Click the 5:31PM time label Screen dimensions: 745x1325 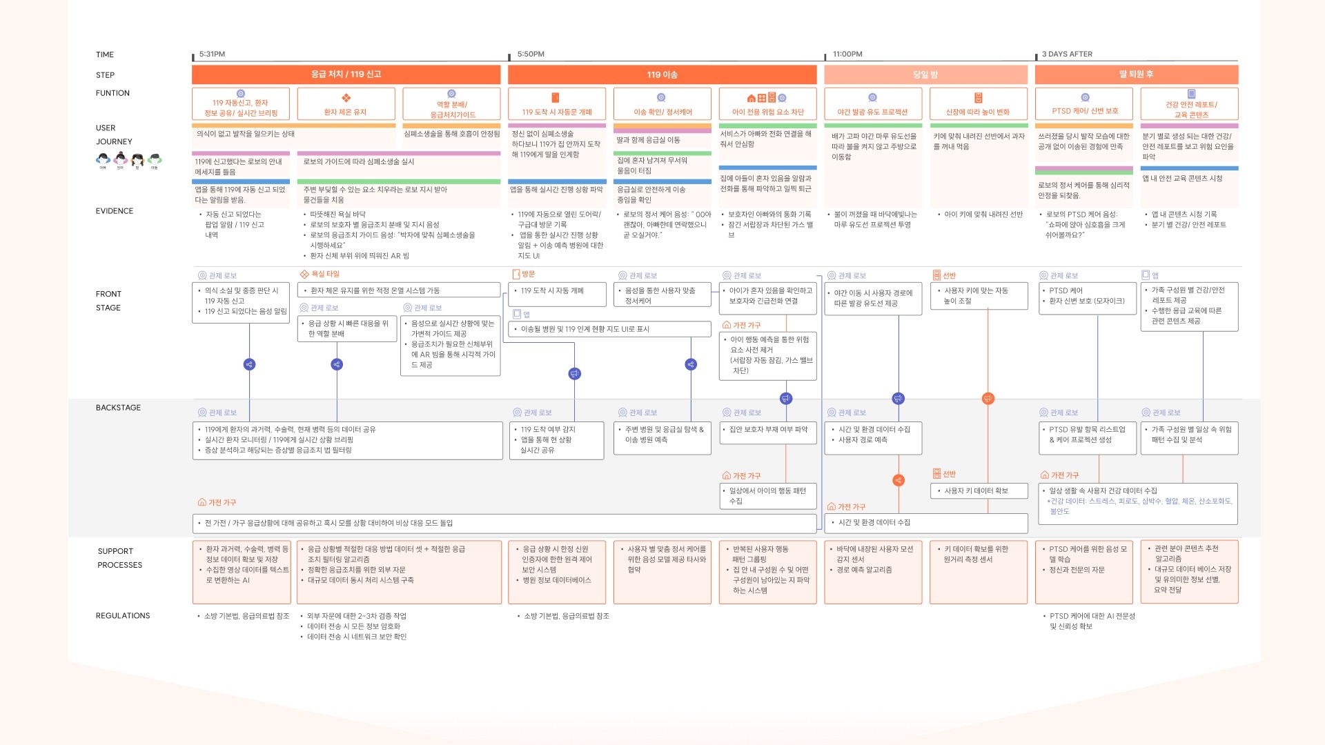pyautogui.click(x=212, y=54)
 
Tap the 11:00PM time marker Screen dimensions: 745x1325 pyautogui.click(x=847, y=54)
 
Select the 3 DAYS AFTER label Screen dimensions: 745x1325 pyautogui.click(x=1067, y=54)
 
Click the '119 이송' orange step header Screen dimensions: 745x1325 pyautogui.click(x=662, y=74)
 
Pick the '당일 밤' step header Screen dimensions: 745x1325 pyautogui.click(x=925, y=74)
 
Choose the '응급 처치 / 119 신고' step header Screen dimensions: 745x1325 pyautogui.click(x=346, y=74)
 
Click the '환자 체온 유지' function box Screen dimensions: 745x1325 pyautogui.click(x=346, y=104)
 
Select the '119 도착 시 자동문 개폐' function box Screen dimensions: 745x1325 pyautogui.click(x=557, y=104)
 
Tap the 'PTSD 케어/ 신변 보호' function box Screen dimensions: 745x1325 pyautogui.click(x=1084, y=104)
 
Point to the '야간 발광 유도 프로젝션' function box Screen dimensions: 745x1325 pyautogui.click(x=873, y=104)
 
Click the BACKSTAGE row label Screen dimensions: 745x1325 pyautogui.click(x=118, y=408)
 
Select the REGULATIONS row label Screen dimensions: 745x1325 pyautogui.click(x=123, y=615)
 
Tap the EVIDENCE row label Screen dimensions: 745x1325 pyautogui.click(x=115, y=211)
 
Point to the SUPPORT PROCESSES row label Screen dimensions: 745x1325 pyautogui.click(x=120, y=558)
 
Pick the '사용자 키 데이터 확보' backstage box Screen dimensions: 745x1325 pyautogui.click(x=979, y=490)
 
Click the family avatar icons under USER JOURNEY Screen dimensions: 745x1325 pyautogui.click(x=128, y=161)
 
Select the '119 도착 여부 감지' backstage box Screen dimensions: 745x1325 pyautogui.click(x=556, y=439)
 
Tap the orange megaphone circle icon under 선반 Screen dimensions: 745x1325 pyautogui.click(x=988, y=399)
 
